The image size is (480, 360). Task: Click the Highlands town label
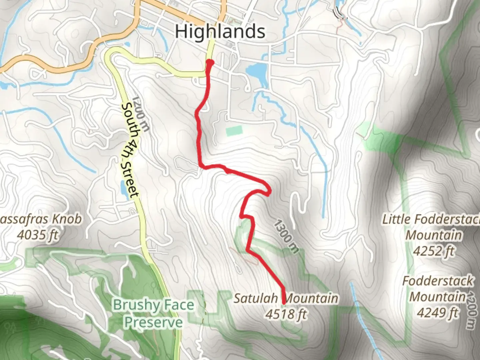tap(220, 32)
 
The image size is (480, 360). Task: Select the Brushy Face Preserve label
tap(153, 314)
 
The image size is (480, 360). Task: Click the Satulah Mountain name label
tap(286, 298)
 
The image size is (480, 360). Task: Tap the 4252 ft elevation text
tap(434, 251)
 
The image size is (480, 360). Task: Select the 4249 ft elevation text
tap(438, 313)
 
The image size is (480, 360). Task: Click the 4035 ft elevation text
tap(37, 235)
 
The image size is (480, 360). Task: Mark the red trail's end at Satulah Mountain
tap(284, 302)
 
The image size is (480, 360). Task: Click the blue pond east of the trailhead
tap(257, 71)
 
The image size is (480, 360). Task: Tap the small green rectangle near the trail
tap(234, 130)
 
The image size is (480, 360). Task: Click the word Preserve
tap(154, 322)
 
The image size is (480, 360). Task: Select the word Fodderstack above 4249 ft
tap(438, 281)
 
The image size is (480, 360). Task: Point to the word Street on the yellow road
tap(131, 180)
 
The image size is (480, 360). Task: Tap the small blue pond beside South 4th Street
tap(123, 189)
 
